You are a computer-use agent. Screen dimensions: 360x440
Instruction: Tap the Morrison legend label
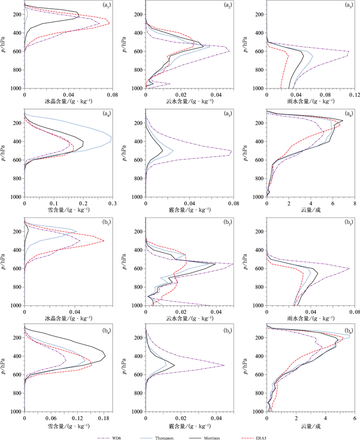212,438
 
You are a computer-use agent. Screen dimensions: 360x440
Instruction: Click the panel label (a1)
106,5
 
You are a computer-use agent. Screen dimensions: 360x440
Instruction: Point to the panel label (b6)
349,331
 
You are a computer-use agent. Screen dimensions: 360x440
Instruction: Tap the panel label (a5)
228,114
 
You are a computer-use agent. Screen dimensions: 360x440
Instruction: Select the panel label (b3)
349,222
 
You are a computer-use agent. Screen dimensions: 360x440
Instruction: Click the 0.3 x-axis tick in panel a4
112,204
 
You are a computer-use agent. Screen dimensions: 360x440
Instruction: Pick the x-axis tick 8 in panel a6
355,204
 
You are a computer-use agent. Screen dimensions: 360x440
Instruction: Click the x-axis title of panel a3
311,101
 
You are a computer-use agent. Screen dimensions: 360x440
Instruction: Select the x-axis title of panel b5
190,426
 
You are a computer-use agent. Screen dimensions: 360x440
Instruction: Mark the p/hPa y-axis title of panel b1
3,261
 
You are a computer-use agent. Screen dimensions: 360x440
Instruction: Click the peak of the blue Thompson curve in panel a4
112,137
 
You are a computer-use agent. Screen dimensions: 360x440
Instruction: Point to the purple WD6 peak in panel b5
224,365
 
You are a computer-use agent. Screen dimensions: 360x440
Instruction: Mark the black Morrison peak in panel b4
105,356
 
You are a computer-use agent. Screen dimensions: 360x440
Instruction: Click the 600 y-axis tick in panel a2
138,51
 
